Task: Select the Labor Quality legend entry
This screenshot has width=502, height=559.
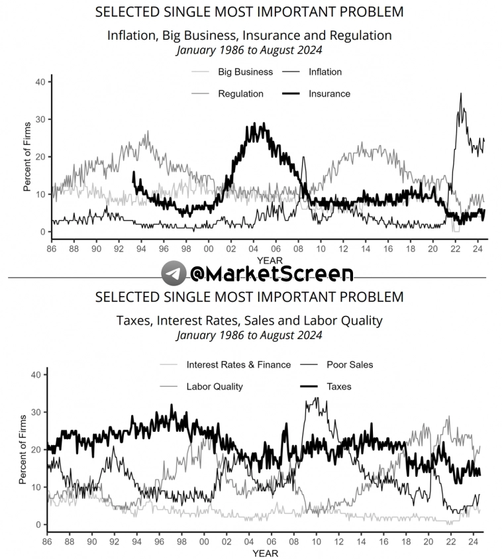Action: point(215,386)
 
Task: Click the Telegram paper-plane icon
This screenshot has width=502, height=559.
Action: point(174,273)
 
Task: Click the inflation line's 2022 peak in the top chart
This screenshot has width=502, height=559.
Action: point(460,94)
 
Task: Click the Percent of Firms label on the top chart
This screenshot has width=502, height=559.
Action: point(27,157)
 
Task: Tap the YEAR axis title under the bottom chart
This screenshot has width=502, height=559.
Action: point(265,553)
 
